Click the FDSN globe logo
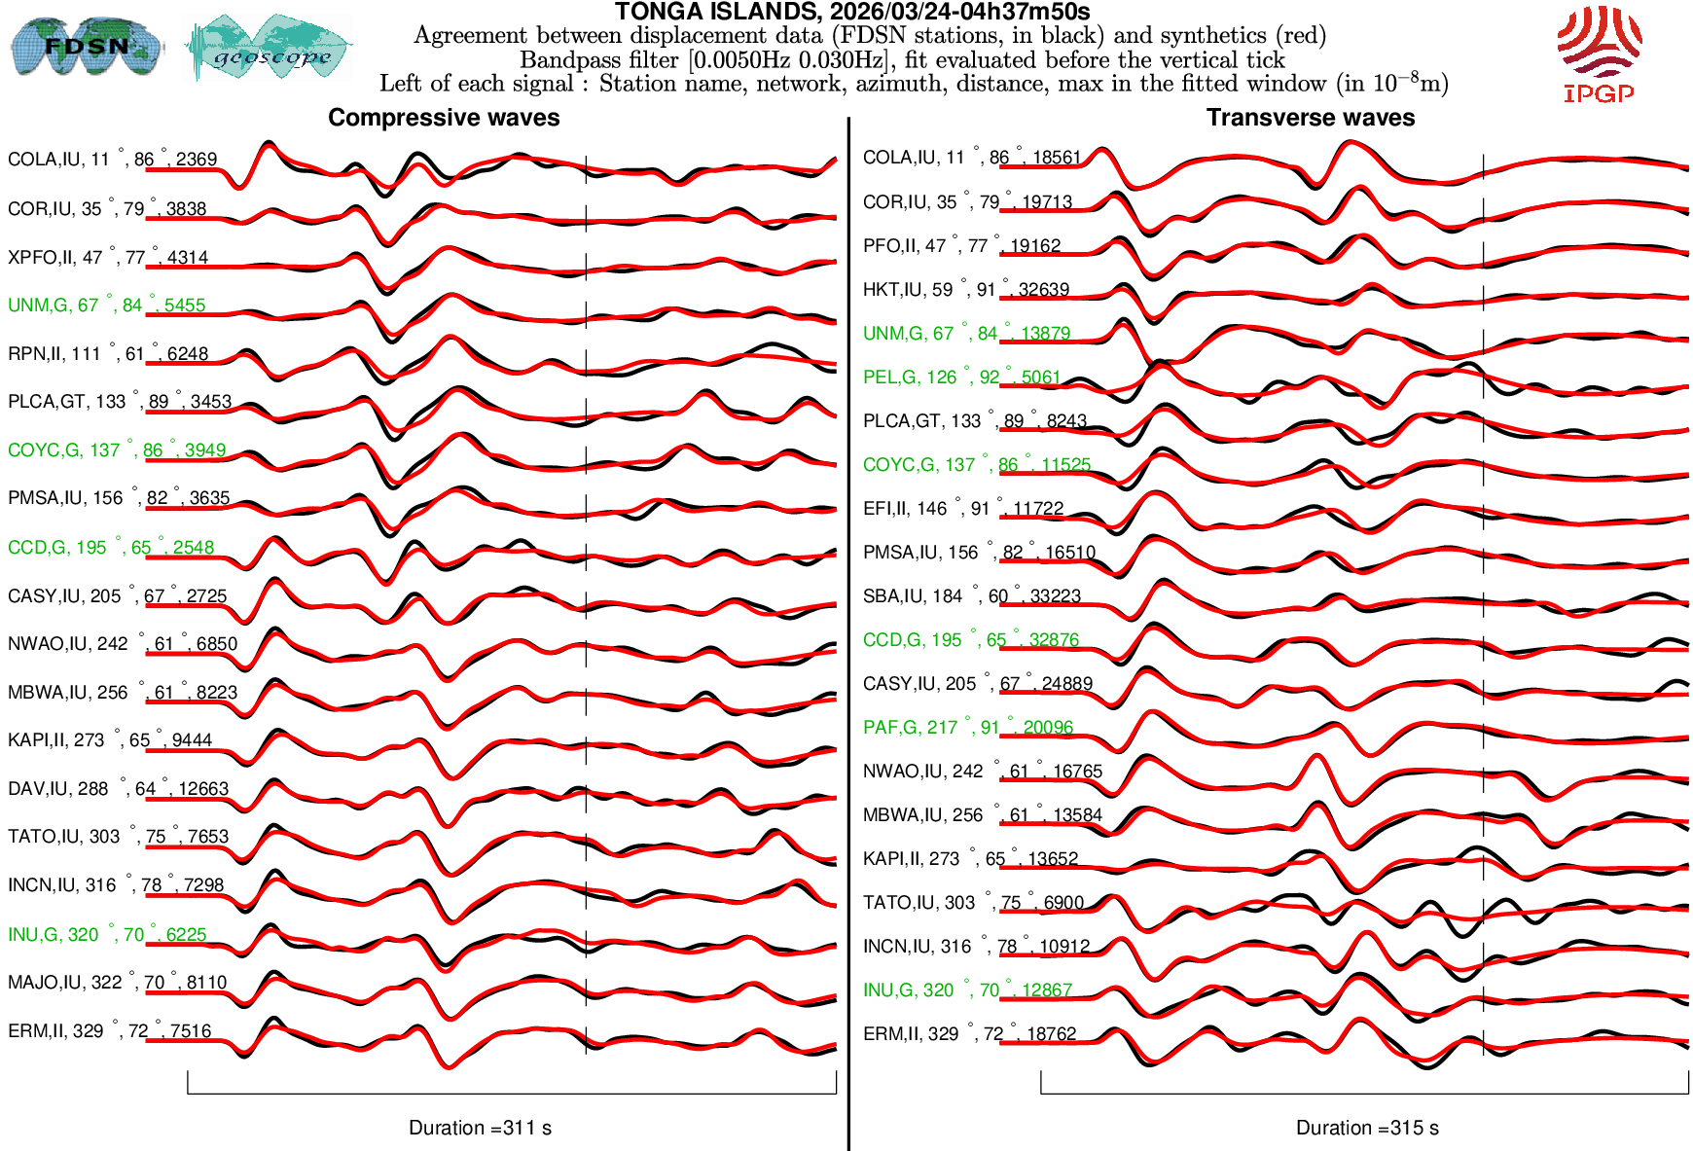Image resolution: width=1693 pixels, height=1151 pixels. click(86, 46)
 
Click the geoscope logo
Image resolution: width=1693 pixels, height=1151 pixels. click(269, 48)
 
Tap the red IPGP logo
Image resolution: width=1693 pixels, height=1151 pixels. click(1599, 54)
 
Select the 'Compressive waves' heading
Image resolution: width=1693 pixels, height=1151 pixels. click(444, 118)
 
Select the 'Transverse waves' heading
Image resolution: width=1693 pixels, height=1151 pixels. click(1311, 118)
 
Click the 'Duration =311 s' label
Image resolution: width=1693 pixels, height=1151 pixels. click(480, 1128)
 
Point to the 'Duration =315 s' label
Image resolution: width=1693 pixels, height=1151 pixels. click(1367, 1128)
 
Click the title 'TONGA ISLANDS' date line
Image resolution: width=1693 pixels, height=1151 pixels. click(852, 12)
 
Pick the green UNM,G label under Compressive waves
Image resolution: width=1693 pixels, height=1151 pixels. click(106, 306)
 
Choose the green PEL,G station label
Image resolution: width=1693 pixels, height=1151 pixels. click(960, 378)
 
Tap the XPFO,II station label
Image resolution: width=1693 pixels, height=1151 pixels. click(108, 258)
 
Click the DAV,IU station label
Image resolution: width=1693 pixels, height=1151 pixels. click(118, 789)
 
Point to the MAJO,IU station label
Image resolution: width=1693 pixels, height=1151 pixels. click(117, 983)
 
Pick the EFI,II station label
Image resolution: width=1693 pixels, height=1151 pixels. click(962, 509)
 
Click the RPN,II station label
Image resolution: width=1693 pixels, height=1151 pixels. click(108, 354)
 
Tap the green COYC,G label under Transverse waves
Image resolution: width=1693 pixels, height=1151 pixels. click(976, 465)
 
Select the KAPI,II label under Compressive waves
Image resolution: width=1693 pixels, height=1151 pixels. click(109, 740)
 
